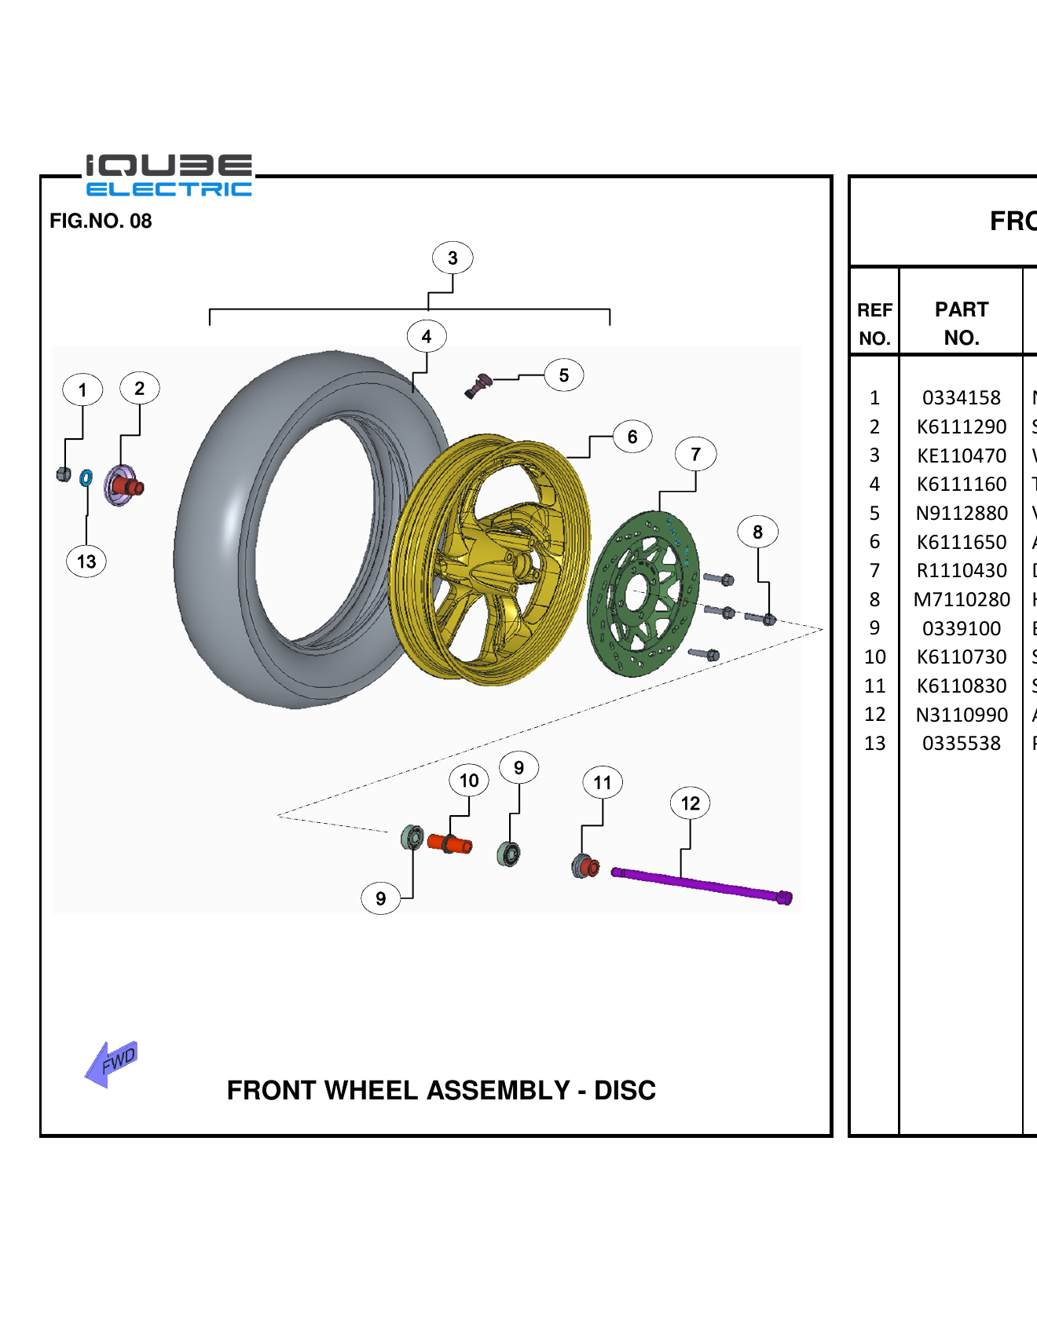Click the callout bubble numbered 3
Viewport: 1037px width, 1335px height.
click(453, 258)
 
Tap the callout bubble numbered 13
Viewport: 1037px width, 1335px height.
click(86, 561)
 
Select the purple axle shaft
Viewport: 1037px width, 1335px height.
click(699, 884)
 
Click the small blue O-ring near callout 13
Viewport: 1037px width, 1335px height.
click(86, 477)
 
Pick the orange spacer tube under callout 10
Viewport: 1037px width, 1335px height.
click(450, 844)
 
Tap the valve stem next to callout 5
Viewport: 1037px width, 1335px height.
click(477, 385)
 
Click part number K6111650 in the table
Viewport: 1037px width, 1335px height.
click(961, 542)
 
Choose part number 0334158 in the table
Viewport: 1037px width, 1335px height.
click(961, 398)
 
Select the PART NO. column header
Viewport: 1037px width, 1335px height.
click(961, 323)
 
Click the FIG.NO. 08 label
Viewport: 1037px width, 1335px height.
click(101, 221)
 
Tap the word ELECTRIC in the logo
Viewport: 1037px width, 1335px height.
click(169, 189)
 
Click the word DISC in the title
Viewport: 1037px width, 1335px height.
click(625, 1091)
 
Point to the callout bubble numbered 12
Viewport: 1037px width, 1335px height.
click(690, 803)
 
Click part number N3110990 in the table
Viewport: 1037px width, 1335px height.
click(961, 715)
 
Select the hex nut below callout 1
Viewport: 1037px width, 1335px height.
click(64, 474)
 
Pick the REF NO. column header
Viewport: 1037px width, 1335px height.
click(874, 324)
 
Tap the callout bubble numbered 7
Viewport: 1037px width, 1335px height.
click(695, 455)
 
